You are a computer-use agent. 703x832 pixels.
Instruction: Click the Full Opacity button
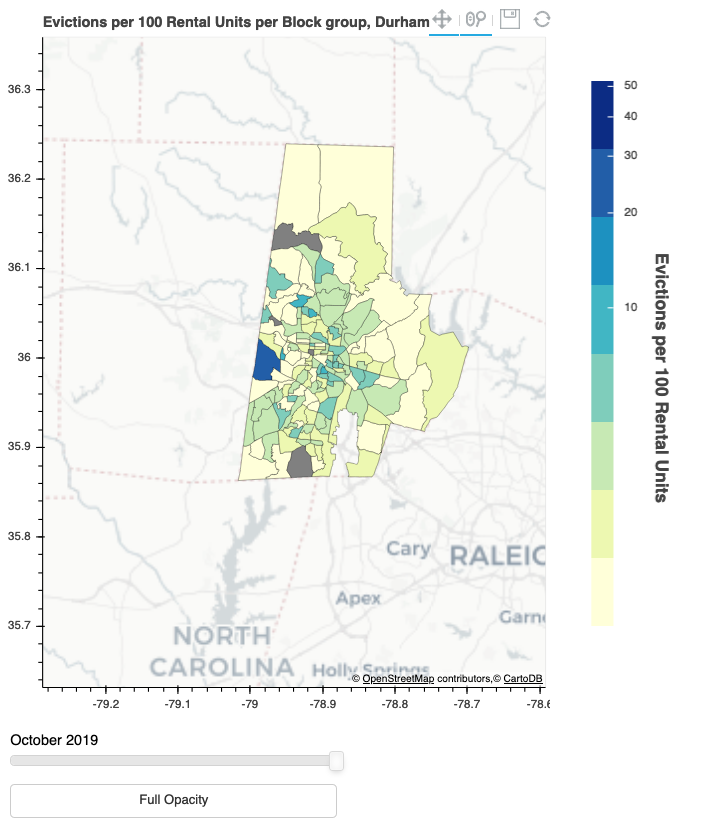click(173, 800)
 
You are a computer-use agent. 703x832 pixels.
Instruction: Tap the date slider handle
click(337, 761)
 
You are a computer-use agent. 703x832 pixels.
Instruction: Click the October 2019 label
click(54, 740)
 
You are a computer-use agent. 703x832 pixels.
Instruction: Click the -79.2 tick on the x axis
click(106, 704)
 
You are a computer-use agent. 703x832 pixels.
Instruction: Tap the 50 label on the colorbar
click(631, 86)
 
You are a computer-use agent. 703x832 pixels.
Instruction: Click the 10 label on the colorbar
click(631, 307)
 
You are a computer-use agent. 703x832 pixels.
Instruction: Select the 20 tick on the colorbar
click(631, 212)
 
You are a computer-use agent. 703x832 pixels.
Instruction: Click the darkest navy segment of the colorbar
click(602, 114)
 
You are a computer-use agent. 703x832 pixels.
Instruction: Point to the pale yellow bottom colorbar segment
click(602, 591)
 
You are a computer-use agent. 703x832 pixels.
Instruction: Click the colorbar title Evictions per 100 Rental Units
click(660, 377)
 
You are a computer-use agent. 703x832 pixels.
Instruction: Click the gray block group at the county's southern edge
click(299, 463)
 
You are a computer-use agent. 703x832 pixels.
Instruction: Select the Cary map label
click(408, 549)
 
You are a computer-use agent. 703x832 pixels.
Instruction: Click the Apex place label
click(358, 598)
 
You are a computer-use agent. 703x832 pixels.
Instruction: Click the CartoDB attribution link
click(523, 679)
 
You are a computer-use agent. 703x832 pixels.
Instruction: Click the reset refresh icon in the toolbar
click(543, 19)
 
